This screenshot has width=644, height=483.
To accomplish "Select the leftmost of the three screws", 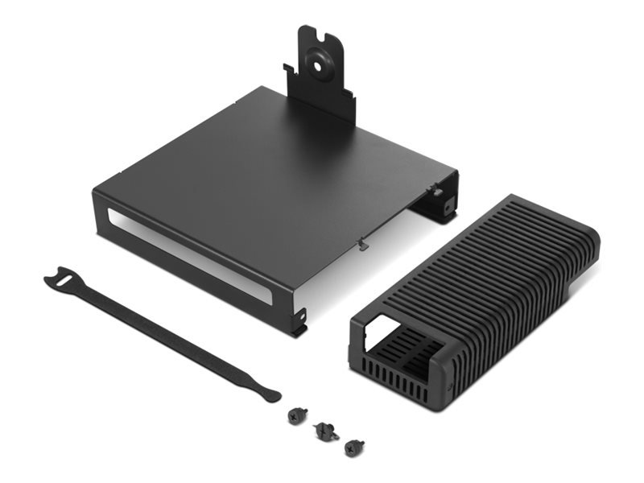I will coord(294,417).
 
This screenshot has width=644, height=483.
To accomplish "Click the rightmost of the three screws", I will coord(351,447).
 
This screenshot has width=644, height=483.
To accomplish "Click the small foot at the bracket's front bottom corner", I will coord(301,326).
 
